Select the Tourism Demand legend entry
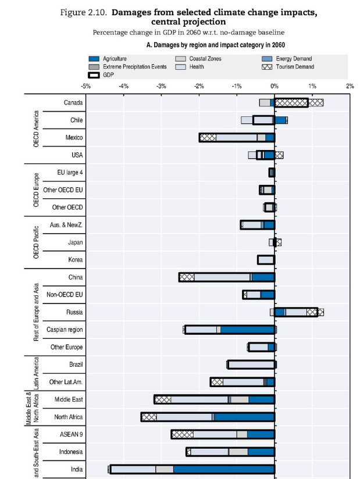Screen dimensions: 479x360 293,67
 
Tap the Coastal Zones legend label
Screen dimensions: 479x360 205,59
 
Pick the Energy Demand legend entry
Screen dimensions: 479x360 294,59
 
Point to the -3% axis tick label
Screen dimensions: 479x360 161,86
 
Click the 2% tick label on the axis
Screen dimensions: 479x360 350,86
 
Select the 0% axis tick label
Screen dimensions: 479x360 275,86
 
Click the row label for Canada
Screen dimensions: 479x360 73,103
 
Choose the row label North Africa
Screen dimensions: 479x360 69,417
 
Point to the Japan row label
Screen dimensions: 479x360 75,242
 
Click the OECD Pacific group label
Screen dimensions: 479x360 37,242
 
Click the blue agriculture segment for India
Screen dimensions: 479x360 224,469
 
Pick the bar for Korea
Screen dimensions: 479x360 266,260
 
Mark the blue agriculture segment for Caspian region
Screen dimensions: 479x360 247,330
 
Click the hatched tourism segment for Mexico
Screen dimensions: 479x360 208,138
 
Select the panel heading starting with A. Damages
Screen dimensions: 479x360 216,44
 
